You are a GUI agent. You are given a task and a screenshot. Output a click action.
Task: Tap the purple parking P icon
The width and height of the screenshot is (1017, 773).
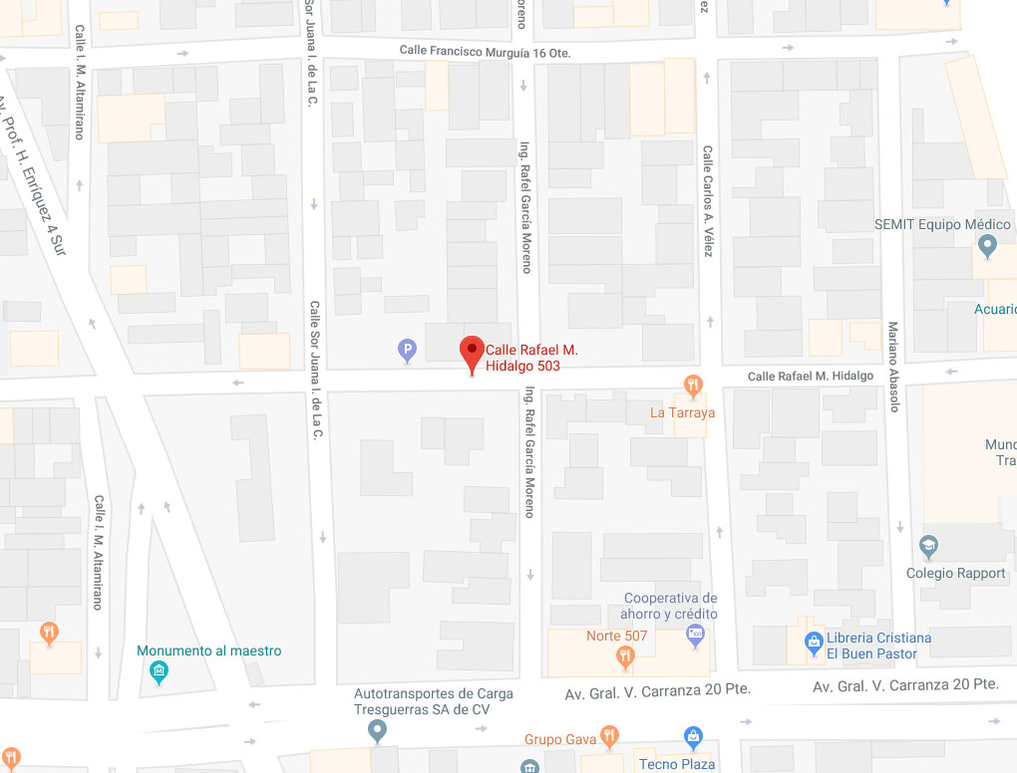click(407, 349)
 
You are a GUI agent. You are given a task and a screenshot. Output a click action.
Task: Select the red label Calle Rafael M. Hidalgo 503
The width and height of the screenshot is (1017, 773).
click(531, 358)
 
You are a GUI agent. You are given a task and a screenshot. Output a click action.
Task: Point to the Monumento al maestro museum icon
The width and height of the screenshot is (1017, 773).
click(159, 673)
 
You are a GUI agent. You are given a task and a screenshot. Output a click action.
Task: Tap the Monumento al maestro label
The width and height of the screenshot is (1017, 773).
click(209, 650)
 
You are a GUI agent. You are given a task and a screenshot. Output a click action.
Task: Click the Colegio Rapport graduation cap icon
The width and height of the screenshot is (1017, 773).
click(928, 546)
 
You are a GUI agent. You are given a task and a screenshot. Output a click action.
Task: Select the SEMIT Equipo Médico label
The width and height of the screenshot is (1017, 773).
click(942, 224)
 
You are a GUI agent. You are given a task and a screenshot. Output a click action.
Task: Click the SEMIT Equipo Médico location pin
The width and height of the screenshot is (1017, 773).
click(987, 245)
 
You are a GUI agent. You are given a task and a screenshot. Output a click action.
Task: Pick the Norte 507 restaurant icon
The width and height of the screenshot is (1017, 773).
click(625, 654)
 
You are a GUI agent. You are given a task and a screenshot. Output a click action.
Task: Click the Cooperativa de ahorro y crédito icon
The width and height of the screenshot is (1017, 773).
click(697, 634)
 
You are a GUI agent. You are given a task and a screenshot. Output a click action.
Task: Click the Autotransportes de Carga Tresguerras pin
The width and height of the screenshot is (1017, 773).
click(377, 732)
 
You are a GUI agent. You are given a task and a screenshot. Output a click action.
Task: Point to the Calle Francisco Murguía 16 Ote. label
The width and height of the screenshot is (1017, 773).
click(485, 51)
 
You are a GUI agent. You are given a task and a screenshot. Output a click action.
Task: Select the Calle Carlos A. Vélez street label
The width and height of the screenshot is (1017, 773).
click(707, 202)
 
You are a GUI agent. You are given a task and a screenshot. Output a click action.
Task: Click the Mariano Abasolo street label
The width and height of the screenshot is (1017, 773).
click(893, 367)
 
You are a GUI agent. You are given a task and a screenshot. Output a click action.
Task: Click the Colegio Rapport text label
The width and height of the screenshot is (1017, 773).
click(956, 573)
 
